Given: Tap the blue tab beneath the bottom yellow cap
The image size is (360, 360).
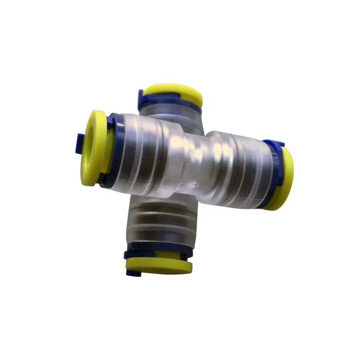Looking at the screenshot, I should coord(132,273).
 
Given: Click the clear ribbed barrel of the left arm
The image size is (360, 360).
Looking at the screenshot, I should coord(144,154).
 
